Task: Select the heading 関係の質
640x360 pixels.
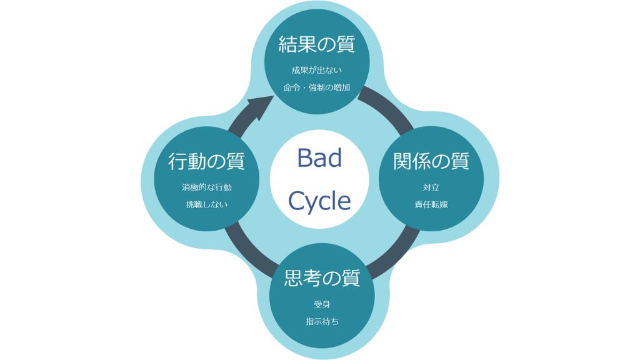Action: click(x=431, y=161)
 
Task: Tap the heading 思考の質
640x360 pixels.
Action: click(x=322, y=278)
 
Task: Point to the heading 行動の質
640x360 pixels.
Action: click(x=206, y=161)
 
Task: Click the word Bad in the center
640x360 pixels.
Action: click(x=319, y=157)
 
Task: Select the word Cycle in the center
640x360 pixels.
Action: click(x=319, y=201)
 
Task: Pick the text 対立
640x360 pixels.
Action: click(x=431, y=187)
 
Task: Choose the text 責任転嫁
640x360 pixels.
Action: click(x=431, y=204)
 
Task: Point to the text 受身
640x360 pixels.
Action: click(x=322, y=304)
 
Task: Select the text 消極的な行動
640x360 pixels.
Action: click(x=206, y=187)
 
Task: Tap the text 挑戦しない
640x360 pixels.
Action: click(x=206, y=204)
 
